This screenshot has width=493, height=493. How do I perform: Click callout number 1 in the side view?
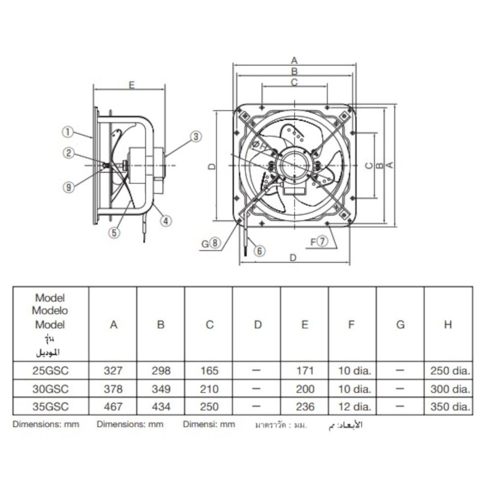click(68, 132)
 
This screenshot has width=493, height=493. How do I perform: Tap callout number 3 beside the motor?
click(196, 137)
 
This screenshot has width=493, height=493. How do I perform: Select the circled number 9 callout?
click(69, 187)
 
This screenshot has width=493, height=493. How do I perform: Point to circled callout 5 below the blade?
click(114, 233)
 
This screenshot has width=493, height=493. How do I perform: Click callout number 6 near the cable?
click(259, 251)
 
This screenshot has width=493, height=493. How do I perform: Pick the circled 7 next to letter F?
click(322, 241)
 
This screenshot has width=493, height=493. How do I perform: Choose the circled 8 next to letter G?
click(215, 243)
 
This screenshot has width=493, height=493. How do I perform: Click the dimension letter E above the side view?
click(132, 85)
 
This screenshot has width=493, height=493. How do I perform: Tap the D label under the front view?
click(293, 258)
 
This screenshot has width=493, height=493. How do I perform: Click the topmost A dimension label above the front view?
click(294, 60)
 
